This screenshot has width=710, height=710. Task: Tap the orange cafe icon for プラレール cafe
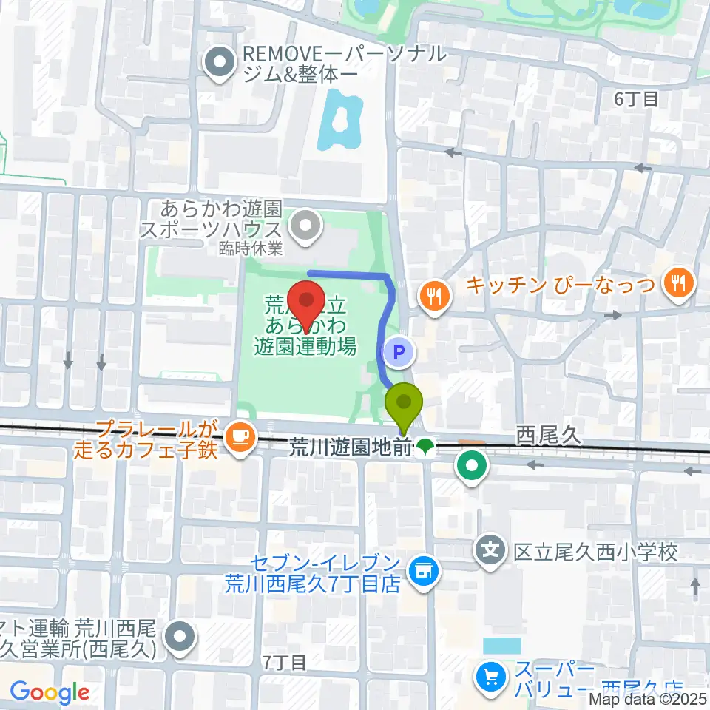tap(238, 436)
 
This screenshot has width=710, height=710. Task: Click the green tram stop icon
tap(425, 446)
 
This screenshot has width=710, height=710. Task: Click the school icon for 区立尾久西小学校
tap(490, 550)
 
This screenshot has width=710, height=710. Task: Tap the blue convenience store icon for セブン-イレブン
tap(424, 569)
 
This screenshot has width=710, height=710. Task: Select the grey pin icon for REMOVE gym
tap(220, 64)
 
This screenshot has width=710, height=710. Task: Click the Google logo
tap(50, 692)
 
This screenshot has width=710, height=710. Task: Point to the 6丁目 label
tap(635, 98)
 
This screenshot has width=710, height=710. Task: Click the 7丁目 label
tap(283, 662)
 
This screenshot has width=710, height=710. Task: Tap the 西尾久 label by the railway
tap(550, 435)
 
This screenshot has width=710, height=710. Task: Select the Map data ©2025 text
tap(648, 697)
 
